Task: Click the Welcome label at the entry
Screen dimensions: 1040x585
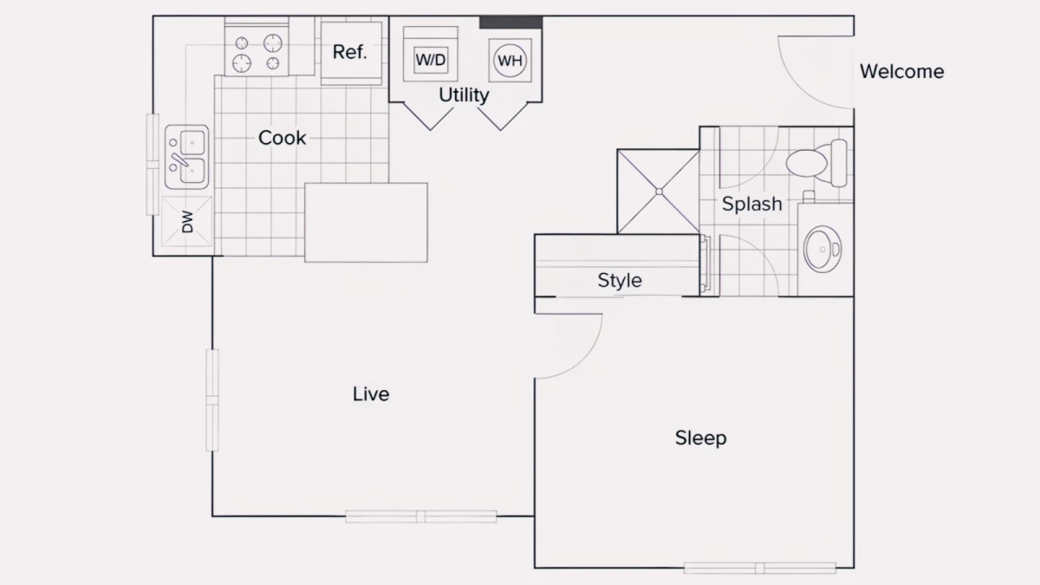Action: [901, 71]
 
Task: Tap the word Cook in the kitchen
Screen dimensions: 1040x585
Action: [282, 138]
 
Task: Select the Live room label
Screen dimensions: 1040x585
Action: [371, 394]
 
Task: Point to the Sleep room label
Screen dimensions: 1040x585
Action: [700, 438]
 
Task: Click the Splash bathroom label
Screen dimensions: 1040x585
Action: [751, 204]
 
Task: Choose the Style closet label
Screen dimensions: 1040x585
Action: [620, 280]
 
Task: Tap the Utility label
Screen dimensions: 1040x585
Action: [464, 95]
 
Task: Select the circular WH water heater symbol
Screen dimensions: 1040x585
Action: [510, 61]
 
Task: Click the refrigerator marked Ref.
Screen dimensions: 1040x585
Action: [352, 54]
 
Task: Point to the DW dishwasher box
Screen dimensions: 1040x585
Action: [186, 222]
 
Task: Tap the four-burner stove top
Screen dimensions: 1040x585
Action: [257, 51]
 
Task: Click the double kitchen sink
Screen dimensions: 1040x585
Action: [186, 157]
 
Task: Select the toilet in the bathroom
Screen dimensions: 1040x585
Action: [816, 163]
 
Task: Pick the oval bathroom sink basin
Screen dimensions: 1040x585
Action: [822, 250]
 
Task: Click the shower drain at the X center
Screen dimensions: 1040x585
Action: [660, 192]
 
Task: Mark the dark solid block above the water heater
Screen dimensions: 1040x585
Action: [510, 23]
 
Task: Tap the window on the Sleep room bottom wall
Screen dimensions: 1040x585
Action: [759, 568]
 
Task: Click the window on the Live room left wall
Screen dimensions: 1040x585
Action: [212, 400]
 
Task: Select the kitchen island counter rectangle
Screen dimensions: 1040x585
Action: [366, 223]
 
